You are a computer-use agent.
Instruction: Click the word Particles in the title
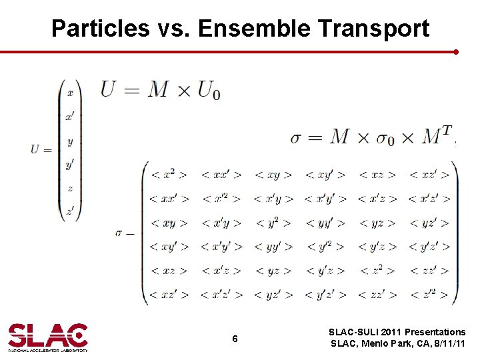pos(100,29)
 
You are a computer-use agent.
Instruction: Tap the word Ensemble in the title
pos(254,29)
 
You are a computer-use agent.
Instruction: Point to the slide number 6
pos(235,339)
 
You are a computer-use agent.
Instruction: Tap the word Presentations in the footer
pos(432,332)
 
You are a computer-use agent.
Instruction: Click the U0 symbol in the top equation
pos(209,89)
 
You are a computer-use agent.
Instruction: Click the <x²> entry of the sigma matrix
pos(169,175)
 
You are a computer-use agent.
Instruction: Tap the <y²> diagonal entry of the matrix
pos(273,223)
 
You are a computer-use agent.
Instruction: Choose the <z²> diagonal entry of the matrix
pos(377,271)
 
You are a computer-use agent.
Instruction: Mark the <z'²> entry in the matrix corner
pos(429,294)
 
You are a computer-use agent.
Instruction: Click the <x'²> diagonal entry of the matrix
pos(221,199)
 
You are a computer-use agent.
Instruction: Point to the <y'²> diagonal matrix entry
pos(325,247)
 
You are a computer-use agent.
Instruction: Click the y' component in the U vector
pos(69,164)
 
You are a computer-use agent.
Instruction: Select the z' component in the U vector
pos(69,212)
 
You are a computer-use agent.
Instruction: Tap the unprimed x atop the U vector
pos(69,93)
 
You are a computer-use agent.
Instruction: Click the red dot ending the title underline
pos(456,51)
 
